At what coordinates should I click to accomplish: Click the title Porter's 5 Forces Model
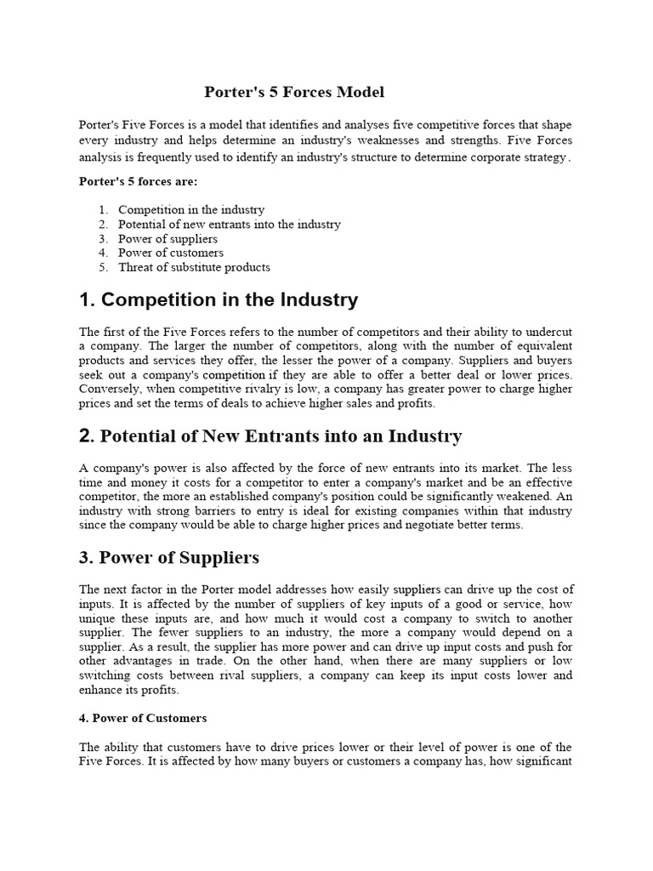coord(295,91)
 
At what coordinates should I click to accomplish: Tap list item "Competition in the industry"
coord(191,209)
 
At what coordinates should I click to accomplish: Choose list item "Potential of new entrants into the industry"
coord(230,224)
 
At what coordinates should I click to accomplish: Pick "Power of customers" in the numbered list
coord(171,253)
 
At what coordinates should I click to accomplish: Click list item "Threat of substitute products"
coord(194,267)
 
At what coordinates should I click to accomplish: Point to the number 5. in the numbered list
coord(103,267)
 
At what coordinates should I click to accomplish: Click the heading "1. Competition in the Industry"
coord(219,300)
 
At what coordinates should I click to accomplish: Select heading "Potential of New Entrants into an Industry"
coord(281,437)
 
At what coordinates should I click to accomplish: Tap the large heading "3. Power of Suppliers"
coord(169,558)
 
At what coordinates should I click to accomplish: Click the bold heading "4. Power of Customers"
coord(143,718)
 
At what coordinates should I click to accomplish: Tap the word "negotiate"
coord(415,525)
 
